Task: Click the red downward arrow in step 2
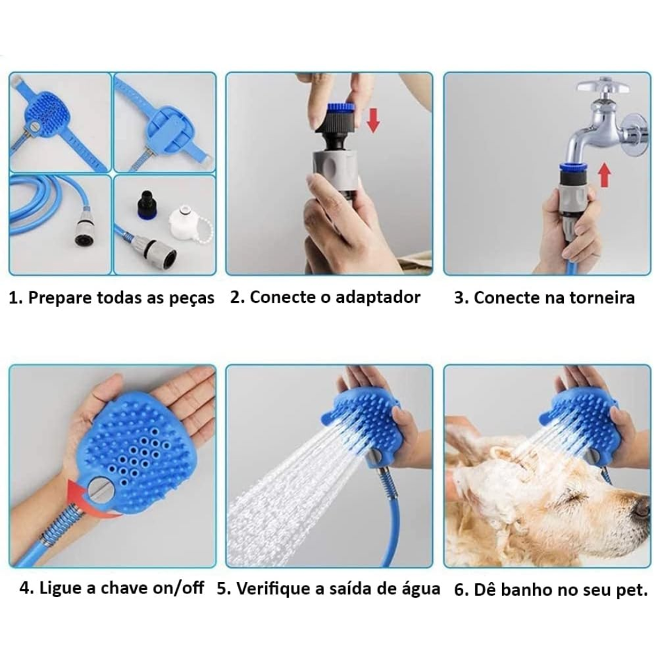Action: [373, 120]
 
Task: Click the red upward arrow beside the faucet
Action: [604, 175]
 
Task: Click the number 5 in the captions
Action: [222, 589]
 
